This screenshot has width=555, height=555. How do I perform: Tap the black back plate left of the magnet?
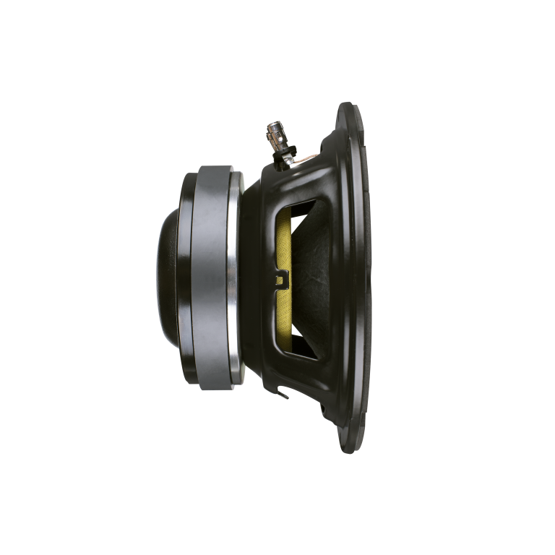187,275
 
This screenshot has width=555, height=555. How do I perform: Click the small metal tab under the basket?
284,395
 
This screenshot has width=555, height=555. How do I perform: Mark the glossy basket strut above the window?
304,181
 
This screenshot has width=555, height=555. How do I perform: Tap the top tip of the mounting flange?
347,105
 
